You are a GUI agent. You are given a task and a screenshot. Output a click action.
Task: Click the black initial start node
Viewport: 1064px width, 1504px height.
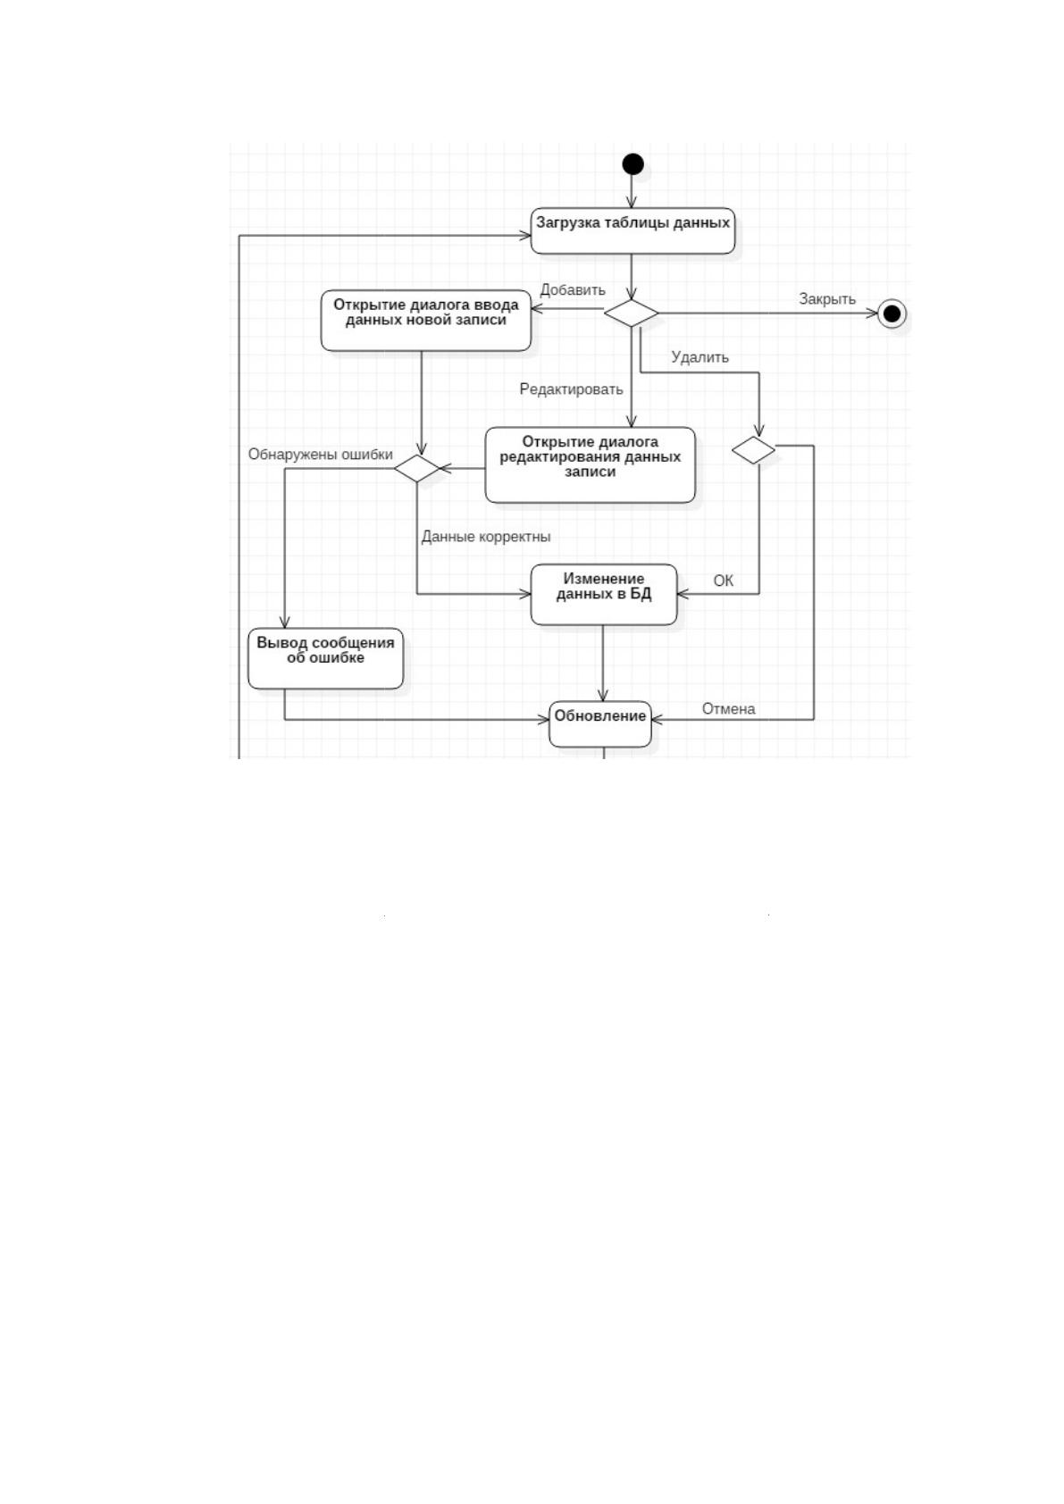(x=633, y=163)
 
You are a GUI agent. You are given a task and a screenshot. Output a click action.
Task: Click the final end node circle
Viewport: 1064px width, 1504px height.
(x=892, y=313)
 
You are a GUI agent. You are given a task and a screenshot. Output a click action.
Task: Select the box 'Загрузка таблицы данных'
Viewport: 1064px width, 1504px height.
(x=633, y=231)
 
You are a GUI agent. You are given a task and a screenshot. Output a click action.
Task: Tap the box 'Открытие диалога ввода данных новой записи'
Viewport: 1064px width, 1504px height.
(x=426, y=321)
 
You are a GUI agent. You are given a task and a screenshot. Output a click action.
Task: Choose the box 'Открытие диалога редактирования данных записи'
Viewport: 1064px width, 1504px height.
(x=590, y=464)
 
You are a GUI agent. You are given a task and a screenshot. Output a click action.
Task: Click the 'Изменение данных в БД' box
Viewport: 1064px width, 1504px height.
(x=604, y=594)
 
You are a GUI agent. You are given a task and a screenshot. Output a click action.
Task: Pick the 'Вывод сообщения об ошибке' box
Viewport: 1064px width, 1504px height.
(x=326, y=659)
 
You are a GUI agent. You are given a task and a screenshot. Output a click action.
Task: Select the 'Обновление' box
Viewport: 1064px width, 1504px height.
(x=600, y=723)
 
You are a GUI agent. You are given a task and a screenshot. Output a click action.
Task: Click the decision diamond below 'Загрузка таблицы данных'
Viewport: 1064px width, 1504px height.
(x=632, y=313)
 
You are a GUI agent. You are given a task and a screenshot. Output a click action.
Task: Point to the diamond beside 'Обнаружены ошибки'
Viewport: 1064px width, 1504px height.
(x=416, y=468)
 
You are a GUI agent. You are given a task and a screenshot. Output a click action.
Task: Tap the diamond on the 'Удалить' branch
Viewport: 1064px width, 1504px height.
(x=753, y=450)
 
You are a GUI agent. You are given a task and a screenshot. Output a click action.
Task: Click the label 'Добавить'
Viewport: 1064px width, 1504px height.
(x=573, y=290)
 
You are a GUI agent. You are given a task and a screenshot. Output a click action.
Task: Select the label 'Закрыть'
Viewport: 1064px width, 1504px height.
(x=827, y=299)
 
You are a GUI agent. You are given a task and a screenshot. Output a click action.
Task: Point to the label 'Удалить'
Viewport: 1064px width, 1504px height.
(x=700, y=357)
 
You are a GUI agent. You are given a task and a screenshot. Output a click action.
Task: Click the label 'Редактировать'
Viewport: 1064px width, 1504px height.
(x=571, y=389)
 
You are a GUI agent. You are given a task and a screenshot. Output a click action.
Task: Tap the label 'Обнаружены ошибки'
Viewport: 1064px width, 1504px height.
(x=321, y=454)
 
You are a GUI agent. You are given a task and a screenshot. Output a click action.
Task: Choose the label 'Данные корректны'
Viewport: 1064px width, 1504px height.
(x=486, y=537)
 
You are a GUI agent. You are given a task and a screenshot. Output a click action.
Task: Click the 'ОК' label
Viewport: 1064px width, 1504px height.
(x=723, y=581)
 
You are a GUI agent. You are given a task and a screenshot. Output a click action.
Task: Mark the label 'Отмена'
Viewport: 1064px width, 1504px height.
(x=728, y=709)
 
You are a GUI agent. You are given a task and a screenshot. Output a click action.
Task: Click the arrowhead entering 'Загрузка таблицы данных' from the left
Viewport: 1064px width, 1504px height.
(x=524, y=235)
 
